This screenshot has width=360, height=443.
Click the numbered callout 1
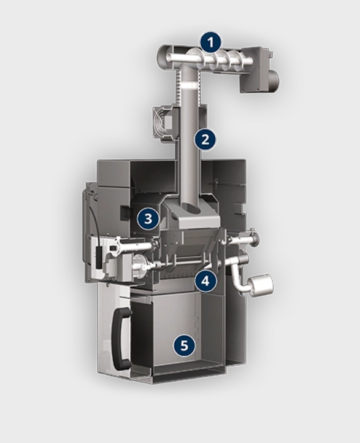point(210,43)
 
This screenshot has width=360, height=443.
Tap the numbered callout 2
point(205,139)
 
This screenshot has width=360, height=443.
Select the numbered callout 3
point(148,218)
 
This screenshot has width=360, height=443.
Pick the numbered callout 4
point(205,280)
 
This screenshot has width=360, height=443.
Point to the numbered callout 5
point(184,345)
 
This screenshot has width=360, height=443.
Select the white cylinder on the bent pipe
point(262,286)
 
